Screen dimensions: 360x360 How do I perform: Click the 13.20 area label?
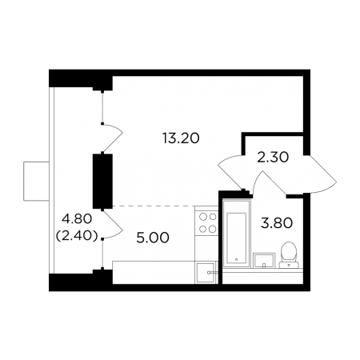point(181,138)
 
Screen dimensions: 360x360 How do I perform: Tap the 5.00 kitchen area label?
point(153,238)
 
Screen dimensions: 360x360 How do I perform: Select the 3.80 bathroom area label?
point(277,223)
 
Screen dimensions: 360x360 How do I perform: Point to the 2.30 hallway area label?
point(273,158)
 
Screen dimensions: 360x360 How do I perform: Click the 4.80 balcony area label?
point(77,219)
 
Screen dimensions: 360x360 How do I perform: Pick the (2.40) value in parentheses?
point(77,236)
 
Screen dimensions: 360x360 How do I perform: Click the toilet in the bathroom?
point(289,254)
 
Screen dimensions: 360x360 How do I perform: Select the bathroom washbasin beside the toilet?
point(264,260)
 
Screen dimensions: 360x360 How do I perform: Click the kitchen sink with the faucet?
point(206,273)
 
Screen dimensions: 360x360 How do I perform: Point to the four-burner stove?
point(207,222)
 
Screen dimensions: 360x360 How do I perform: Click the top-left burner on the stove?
point(203,217)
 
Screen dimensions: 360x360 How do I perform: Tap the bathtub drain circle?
point(236,259)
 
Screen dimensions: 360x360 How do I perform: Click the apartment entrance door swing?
point(319,174)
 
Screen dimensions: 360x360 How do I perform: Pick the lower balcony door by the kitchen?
point(113,224)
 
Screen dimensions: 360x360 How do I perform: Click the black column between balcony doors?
point(102,181)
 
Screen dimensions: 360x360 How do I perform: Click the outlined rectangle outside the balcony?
point(36,181)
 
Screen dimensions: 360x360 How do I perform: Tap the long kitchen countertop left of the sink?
point(154,272)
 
